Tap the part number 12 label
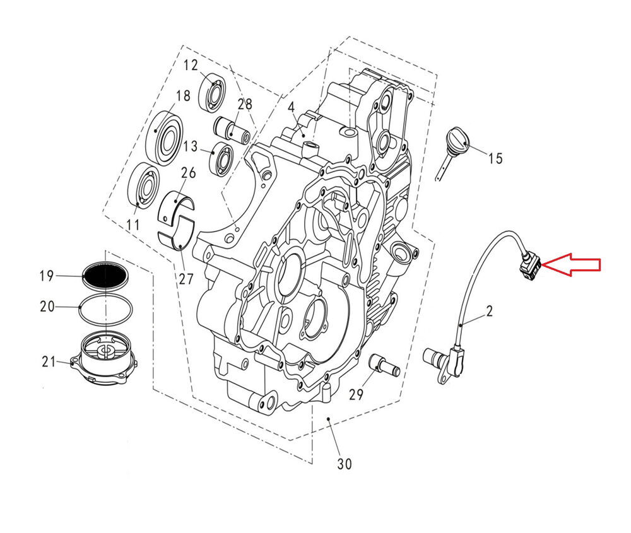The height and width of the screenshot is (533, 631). (191, 65)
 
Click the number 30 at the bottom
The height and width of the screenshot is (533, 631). (344, 464)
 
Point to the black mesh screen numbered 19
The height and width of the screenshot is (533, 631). (106, 276)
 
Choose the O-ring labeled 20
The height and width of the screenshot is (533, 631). (106, 308)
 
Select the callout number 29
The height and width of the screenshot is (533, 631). (356, 394)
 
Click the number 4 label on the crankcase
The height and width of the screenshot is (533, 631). (291, 108)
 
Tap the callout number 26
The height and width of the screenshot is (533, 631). (188, 173)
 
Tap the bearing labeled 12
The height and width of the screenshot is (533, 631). (215, 93)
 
